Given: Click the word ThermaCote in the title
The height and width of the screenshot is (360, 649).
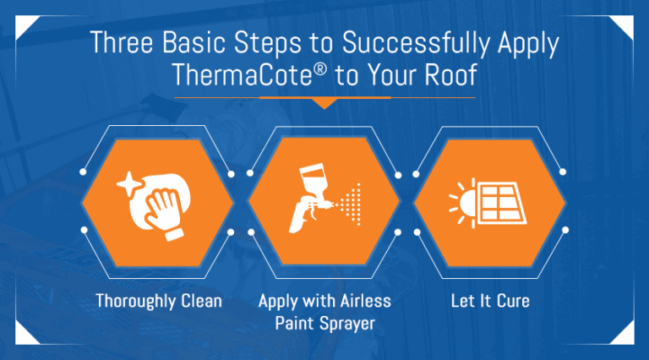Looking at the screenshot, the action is tap(242, 75).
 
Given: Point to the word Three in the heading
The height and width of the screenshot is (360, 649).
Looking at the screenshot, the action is tap(122, 41).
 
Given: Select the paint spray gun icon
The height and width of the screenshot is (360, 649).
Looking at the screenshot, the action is tap(310, 198).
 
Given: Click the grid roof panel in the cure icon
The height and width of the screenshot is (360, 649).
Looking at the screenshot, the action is tap(501, 203).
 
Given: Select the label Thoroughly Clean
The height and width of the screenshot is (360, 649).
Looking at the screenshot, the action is tap(159, 301).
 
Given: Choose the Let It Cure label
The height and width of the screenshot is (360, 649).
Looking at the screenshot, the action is tap(490, 301).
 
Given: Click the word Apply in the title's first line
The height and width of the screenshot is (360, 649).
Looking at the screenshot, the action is tap(528, 43).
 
